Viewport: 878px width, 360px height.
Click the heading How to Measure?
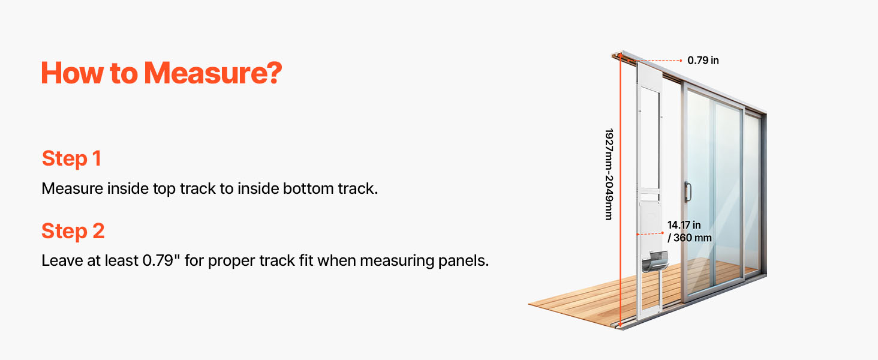[161, 73]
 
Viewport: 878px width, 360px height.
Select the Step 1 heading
[72, 159]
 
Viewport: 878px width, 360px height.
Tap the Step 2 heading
[73, 231]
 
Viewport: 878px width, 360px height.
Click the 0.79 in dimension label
[703, 61]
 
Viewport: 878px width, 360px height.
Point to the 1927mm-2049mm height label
[609, 174]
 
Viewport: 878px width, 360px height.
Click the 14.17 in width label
[684, 225]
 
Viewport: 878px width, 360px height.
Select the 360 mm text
[693, 238]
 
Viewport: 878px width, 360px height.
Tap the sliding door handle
[687, 192]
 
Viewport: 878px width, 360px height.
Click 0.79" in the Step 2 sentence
[158, 260]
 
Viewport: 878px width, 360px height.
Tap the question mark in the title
[275, 73]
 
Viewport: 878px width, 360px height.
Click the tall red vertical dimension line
[621, 191]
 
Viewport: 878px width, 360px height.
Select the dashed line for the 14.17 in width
[650, 234]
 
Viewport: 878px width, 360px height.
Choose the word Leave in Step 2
[62, 260]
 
